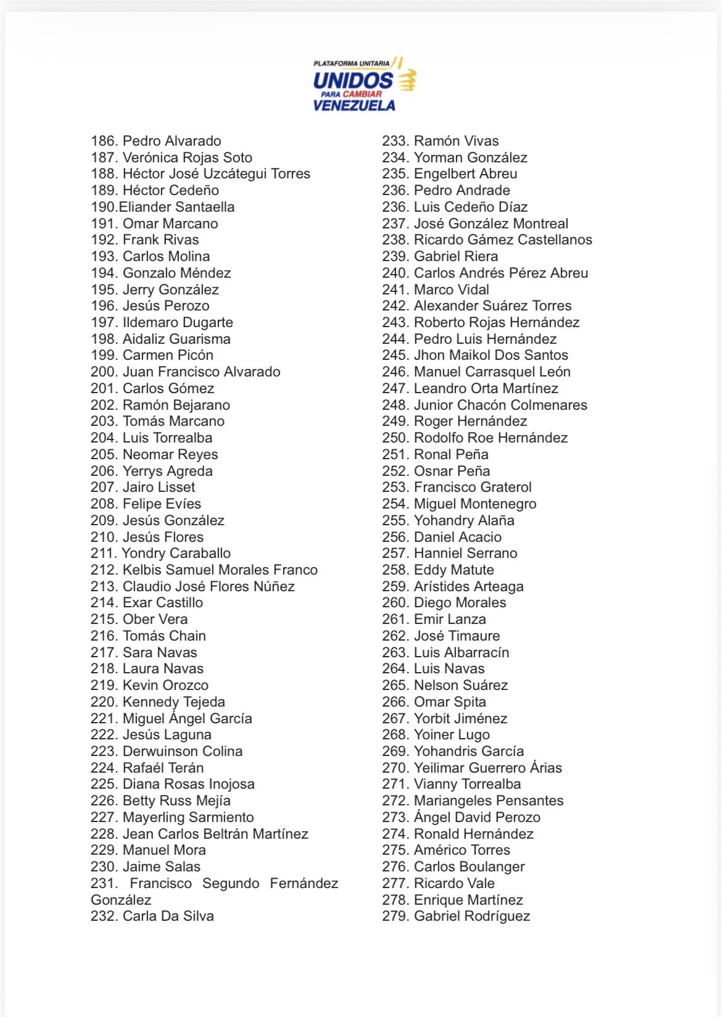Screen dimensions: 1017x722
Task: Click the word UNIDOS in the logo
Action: [x=352, y=80]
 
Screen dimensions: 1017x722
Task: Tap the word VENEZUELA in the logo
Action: [x=354, y=106]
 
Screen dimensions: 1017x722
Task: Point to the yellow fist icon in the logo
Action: [x=407, y=80]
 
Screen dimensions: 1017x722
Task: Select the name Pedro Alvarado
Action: [x=172, y=141]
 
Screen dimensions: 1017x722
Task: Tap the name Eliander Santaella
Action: [x=176, y=207]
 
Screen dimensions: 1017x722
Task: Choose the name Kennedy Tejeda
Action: [x=173, y=702]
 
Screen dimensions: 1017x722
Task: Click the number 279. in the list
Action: [x=396, y=916]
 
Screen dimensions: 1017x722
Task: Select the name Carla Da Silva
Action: [x=168, y=916]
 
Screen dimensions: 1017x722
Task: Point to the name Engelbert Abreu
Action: [x=465, y=174]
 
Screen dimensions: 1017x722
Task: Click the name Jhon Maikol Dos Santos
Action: [x=491, y=355]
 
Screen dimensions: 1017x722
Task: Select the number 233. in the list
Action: [x=396, y=141]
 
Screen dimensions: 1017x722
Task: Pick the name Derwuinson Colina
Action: [x=182, y=752]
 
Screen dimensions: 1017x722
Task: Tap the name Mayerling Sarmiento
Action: [x=188, y=818]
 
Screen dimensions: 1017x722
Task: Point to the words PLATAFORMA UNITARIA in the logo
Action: [x=351, y=64]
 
